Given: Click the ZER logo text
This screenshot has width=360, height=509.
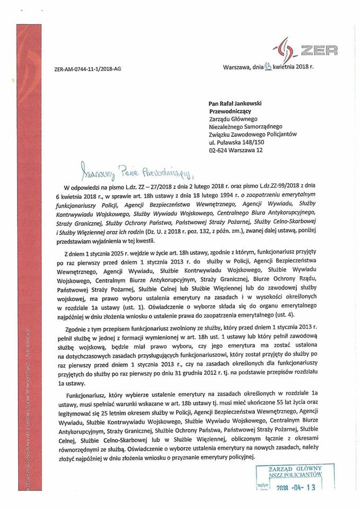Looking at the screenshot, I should (318, 51).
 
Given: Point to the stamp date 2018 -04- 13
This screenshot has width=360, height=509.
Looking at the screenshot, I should (293, 488).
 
